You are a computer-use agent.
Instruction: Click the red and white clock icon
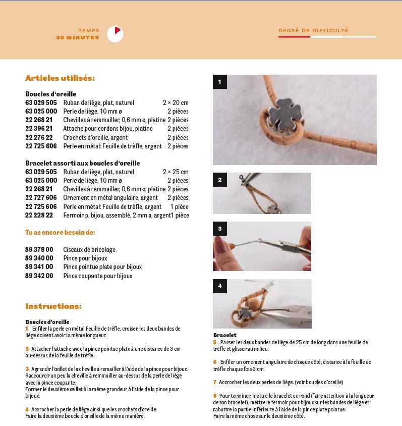[x=115, y=34]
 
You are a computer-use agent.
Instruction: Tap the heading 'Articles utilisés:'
[x=60, y=78]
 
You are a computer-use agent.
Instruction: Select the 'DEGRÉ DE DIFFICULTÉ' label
[x=313, y=30]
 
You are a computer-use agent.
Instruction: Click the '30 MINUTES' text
[x=78, y=37]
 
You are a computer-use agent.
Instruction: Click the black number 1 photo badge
[x=220, y=82]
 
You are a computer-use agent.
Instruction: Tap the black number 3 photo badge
[x=220, y=229]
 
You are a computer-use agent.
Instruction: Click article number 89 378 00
[x=39, y=249]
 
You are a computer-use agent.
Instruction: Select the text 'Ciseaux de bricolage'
[x=89, y=249]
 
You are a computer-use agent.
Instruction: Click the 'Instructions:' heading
[x=53, y=306]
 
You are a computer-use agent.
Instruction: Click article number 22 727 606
[x=41, y=198]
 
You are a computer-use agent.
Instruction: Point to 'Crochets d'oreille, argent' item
[x=95, y=137]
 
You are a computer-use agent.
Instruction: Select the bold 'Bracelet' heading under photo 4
[x=225, y=335]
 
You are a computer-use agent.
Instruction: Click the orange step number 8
[x=215, y=395]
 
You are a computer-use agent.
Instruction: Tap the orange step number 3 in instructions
[x=27, y=369]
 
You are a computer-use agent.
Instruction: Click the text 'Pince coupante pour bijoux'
[x=98, y=276]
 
